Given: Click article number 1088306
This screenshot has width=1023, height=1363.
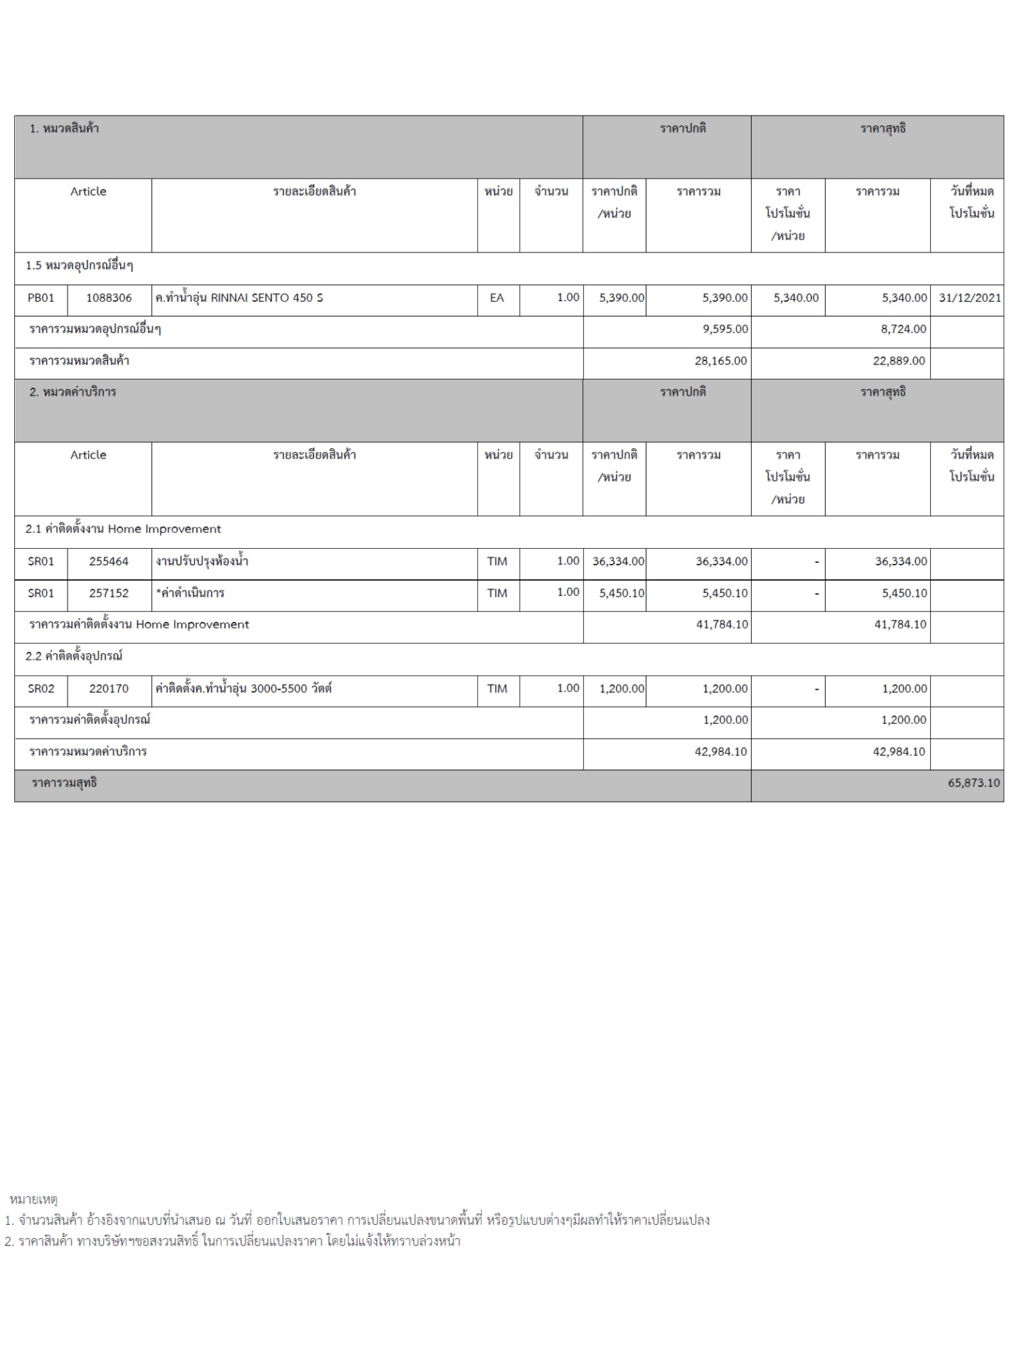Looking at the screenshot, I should [x=109, y=298].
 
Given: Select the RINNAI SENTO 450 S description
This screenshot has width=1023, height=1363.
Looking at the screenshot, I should [x=239, y=298].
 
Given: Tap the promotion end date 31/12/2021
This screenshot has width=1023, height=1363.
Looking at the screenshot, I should [x=970, y=298].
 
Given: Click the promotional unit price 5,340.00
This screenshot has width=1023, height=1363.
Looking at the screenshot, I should [x=796, y=298].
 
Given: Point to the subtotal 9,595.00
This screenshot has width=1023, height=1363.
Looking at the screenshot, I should [x=725, y=329].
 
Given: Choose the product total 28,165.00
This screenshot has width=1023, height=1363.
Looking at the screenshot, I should [x=721, y=361].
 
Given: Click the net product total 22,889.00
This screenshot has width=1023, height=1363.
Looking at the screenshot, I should [x=899, y=361].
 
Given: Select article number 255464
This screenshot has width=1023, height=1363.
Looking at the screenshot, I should [x=109, y=562].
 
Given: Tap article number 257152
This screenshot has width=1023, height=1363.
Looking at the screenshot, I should [x=109, y=594].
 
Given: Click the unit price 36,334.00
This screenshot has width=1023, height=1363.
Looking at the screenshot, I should [x=618, y=562].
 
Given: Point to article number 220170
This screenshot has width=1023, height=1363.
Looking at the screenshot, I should [x=109, y=689].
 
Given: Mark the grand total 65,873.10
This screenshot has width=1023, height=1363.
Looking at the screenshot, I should [x=974, y=783].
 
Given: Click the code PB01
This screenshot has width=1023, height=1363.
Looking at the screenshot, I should [x=41, y=298].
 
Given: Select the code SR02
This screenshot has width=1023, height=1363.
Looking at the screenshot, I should [x=41, y=689].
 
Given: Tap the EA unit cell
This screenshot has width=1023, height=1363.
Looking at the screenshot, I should [x=497, y=298].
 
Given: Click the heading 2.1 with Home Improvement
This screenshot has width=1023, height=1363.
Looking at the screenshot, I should [x=123, y=530].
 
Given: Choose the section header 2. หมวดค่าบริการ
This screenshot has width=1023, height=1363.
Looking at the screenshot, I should [x=73, y=393].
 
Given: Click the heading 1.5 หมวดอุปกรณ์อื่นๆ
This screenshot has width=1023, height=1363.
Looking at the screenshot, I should [x=79, y=266].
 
